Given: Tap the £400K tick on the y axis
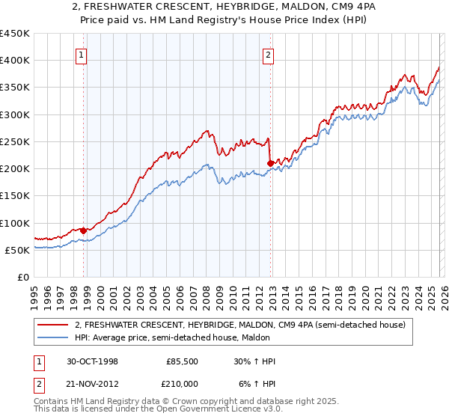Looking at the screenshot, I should [15, 61].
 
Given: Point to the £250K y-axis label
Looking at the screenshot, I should [15, 141].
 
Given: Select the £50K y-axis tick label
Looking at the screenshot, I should [18, 250].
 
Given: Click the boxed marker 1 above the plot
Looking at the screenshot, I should [80, 54].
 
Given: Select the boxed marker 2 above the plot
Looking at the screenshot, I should [267, 54].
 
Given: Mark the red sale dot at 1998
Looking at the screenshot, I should [84, 230].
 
